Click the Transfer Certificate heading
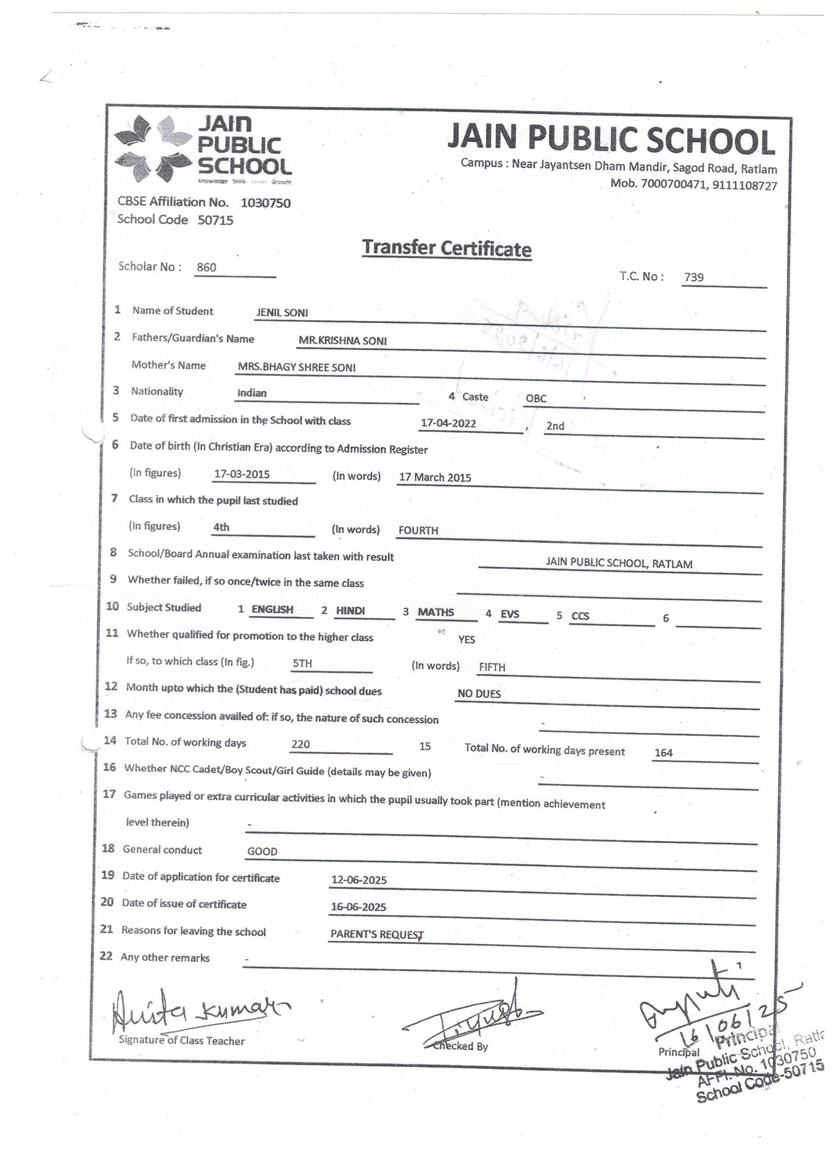point(446,248)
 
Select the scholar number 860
point(206,268)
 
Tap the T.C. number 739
point(693,277)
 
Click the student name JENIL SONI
point(282,313)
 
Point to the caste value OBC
point(536,398)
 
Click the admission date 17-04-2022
point(448,424)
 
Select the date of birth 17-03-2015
point(242,474)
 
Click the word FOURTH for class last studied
point(418,531)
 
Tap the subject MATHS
point(435,612)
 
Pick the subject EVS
point(509,615)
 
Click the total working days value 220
point(300,744)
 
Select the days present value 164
point(663,753)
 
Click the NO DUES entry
point(479,694)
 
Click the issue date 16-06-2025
point(358,907)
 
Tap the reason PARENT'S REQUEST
point(376,935)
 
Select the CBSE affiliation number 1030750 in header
point(265,203)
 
